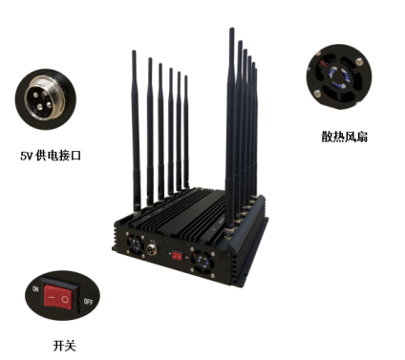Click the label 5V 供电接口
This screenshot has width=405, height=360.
coord(51,156)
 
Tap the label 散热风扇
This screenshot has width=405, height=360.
coord(344,137)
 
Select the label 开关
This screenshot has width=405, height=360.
coord(65,346)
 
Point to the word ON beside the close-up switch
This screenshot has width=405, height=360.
coord(35,289)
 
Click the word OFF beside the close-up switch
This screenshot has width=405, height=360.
coord(88,302)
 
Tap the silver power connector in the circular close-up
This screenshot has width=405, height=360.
coord(45,99)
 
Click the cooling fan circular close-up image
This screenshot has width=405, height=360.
coord(339,77)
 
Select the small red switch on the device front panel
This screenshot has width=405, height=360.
coord(178,256)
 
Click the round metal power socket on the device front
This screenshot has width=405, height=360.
coord(152,248)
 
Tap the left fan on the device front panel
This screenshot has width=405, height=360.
coord(135,244)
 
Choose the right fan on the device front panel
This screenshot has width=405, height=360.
coord(202,261)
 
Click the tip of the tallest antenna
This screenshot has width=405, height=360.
coord(231,29)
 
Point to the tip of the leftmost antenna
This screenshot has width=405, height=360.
coord(134,52)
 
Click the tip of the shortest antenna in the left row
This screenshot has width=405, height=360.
coord(186,76)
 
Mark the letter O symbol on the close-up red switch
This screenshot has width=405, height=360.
coord(65,300)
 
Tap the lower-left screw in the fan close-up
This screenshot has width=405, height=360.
coord(317,94)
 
